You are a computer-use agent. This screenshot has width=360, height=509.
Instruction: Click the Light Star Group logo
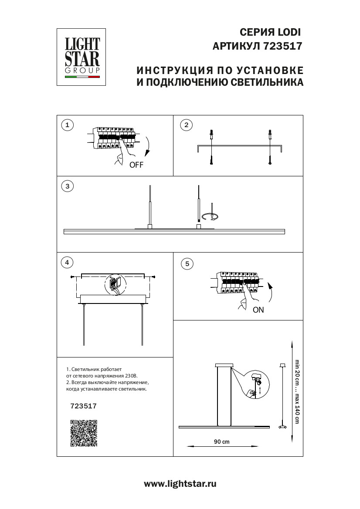83,57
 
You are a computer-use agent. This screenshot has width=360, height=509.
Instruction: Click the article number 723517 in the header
283,45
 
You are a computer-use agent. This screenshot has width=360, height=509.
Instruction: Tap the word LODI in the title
289,32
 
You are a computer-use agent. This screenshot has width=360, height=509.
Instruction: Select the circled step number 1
67,125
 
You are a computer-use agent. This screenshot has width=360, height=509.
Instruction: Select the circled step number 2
186,125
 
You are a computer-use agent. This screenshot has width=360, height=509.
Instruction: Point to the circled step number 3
67,186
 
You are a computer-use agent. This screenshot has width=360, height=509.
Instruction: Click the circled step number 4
67,263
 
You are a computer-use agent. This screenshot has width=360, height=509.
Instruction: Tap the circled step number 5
187,263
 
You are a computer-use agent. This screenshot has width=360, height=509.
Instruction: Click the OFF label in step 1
136,165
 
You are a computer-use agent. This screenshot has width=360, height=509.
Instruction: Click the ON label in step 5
258,310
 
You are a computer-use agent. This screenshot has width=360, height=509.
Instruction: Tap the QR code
83,433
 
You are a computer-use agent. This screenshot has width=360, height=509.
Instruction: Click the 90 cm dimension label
222,442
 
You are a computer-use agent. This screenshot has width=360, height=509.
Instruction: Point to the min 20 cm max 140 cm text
297,391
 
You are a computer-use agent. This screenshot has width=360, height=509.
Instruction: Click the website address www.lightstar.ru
180,484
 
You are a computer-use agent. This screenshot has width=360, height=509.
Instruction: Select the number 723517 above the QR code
83,405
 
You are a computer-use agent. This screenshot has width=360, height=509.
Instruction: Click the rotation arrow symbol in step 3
212,216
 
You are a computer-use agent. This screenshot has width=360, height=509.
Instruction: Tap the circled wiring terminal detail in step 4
115,283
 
